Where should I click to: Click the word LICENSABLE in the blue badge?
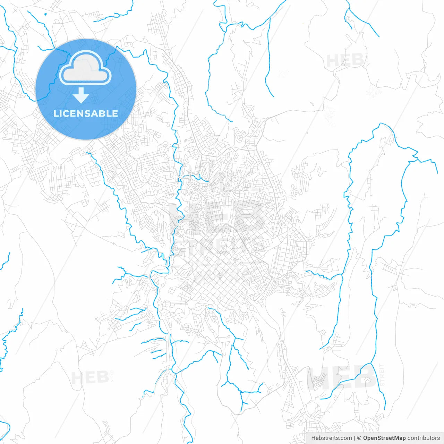tap(86, 113)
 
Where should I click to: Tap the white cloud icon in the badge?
tap(85, 68)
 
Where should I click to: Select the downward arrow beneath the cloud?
tap(81, 95)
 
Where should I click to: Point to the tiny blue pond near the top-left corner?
tap(45, 14)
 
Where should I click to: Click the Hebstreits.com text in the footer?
tap(331, 438)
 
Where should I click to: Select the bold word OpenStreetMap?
tap(384, 438)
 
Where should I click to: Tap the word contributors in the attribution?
tap(424, 438)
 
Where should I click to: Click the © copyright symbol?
tap(359, 438)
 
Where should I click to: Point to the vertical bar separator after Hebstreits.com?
tap(355, 438)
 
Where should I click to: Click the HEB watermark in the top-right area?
tap(345, 61)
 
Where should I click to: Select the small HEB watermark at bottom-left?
tap(89, 377)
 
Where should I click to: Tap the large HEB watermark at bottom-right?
tap(342, 377)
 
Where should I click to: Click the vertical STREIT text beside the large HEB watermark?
tap(382, 375)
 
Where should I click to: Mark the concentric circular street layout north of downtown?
tap(240, 138)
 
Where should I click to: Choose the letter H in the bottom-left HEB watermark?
tap(77, 377)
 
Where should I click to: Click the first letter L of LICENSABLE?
tap(56, 113)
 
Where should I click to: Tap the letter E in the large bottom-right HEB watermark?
tap(342, 377)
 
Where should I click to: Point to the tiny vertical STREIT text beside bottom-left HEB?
tap(112, 376)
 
